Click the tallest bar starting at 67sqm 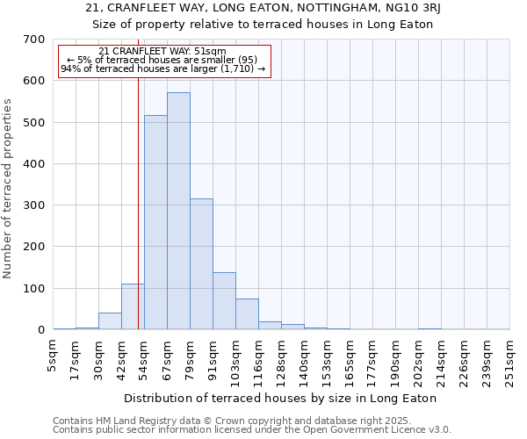pyautogui.click(x=178, y=211)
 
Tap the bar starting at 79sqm pyautogui.click(x=201, y=263)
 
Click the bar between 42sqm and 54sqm pyautogui.click(x=133, y=306)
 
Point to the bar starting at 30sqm pyautogui.click(x=110, y=321)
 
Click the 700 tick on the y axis pyautogui.click(x=34, y=40)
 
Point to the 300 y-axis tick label pyautogui.click(x=34, y=205)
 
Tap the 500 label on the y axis pyautogui.click(x=34, y=122)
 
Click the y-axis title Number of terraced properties pyautogui.click(x=9, y=189)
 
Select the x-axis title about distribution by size pyautogui.click(x=280, y=398)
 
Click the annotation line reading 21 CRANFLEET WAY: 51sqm pyautogui.click(x=162, y=52)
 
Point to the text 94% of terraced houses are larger pyautogui.click(x=162, y=68)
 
